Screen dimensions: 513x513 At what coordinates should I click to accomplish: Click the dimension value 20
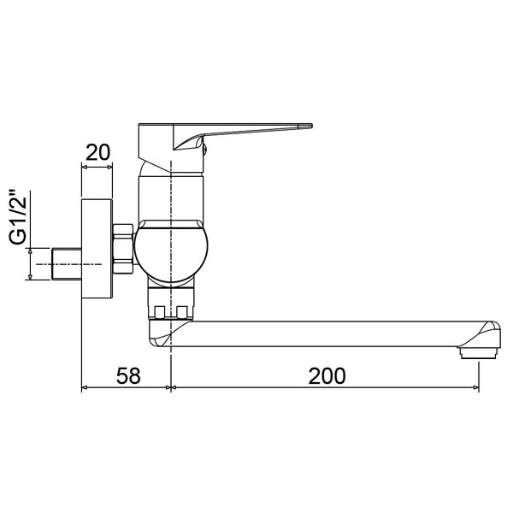pyautogui.click(x=98, y=152)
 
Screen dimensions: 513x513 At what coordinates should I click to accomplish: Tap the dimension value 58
pyautogui.click(x=128, y=375)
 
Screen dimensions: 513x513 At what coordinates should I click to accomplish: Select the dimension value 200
pyautogui.click(x=327, y=376)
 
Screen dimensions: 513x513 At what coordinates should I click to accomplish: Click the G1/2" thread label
pyautogui.click(x=18, y=216)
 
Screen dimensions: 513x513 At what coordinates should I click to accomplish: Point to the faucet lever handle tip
pyautogui.click(x=311, y=126)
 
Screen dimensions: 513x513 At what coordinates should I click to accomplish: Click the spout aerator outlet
pyautogui.click(x=479, y=353)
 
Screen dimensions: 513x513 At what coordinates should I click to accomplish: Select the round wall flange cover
pyautogui.click(x=97, y=249)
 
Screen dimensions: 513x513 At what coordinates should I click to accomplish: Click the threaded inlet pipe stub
pyautogui.click(x=67, y=264)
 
